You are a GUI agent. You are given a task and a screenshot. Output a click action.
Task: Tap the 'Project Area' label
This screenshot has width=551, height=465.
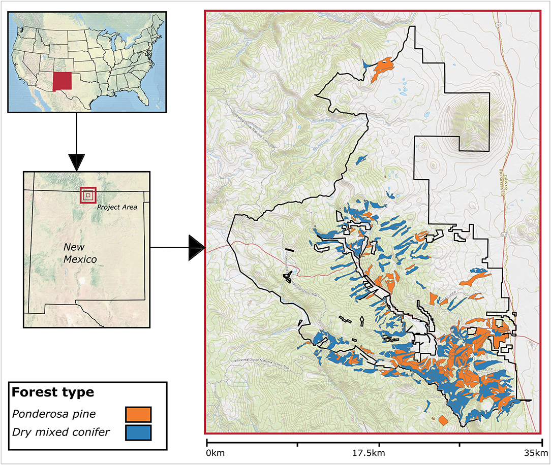116,207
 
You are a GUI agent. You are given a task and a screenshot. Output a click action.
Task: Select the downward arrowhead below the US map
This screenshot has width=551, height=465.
76,161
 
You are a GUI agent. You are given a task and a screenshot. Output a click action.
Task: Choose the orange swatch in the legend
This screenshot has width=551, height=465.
138,414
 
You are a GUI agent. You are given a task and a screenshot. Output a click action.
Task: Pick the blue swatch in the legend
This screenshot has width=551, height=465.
138,433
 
